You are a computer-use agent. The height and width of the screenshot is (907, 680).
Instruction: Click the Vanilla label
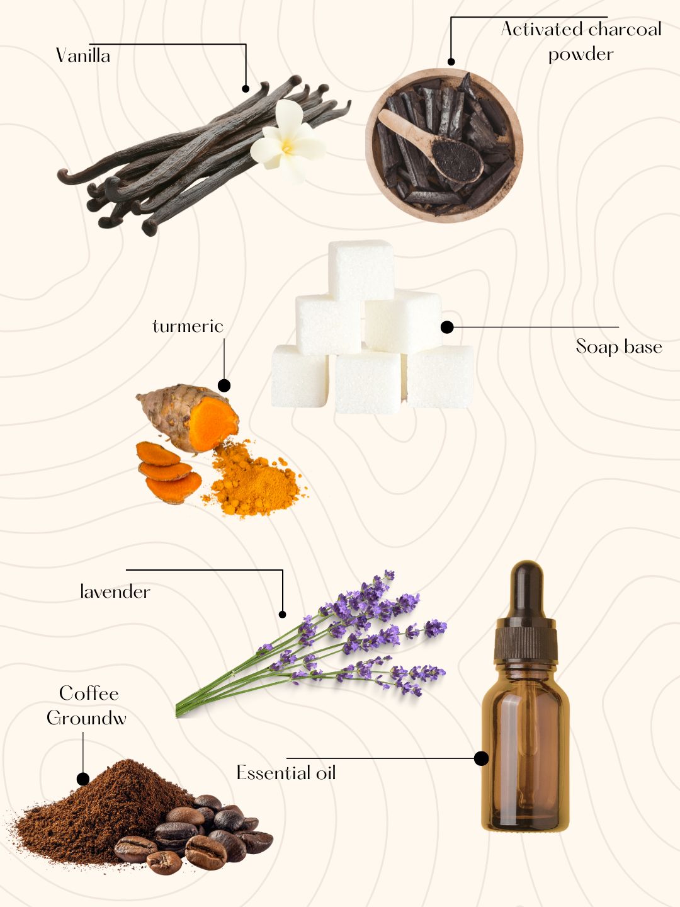pyautogui.click(x=83, y=55)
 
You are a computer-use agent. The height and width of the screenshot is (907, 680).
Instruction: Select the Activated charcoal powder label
pyautogui.click(x=581, y=42)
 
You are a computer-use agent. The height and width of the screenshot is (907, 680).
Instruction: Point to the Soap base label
pyautogui.click(x=619, y=346)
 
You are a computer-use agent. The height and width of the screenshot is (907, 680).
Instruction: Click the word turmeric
pyautogui.click(x=188, y=326)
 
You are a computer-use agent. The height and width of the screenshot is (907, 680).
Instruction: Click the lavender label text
pyautogui.click(x=115, y=591)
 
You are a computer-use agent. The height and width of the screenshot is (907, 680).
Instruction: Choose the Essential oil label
pyautogui.click(x=286, y=772)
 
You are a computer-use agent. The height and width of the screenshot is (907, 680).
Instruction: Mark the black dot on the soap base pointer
pyautogui.click(x=447, y=328)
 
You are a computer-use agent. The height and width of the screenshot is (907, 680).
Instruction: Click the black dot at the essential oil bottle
pyautogui.click(x=481, y=758)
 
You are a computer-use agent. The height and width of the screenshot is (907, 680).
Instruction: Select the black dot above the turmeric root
pyautogui.click(x=224, y=385)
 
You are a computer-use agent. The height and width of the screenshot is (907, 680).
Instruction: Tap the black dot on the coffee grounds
pyautogui.click(x=83, y=779)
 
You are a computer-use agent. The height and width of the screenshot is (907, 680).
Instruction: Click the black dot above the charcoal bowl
pyautogui.click(x=451, y=62)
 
